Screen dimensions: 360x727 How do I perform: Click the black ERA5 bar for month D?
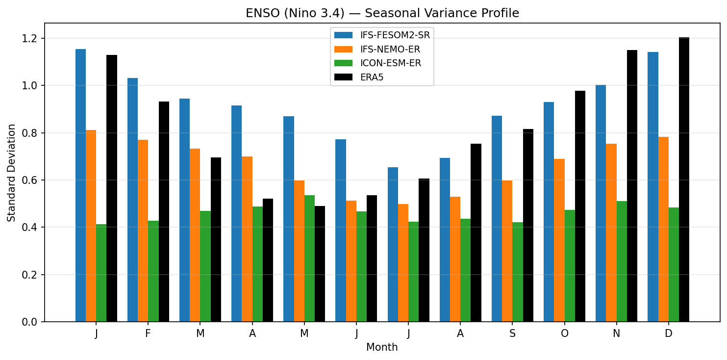tap(684, 180)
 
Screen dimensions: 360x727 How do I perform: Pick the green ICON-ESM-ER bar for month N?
tap(622, 261)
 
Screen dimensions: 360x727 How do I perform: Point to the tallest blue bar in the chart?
tap(80, 185)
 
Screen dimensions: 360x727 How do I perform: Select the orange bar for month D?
tap(663, 229)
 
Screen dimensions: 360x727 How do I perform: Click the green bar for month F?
tap(153, 271)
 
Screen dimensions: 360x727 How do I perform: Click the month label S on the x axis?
tap(512, 334)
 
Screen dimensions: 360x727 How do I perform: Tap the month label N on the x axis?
tap(616, 334)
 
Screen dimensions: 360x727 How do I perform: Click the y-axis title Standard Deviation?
tap(11, 173)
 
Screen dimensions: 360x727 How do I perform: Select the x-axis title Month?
tap(382, 348)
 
